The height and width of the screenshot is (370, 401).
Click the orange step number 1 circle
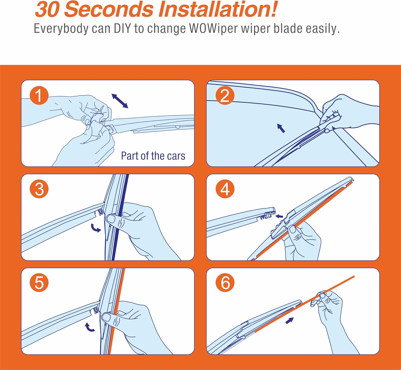(39, 95)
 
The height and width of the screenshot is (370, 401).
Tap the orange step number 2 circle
(225, 95)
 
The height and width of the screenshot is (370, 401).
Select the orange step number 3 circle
(39, 189)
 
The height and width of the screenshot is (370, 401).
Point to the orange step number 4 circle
(225, 189)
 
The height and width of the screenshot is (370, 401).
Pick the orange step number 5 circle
(39, 283)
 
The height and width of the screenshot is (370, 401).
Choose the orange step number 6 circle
(225, 283)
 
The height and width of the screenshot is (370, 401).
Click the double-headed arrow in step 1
(120, 101)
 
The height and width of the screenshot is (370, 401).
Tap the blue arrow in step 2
(281, 128)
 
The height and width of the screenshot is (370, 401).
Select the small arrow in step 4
(279, 216)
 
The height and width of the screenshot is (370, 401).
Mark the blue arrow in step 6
(290, 321)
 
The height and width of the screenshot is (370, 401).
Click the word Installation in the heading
(218, 9)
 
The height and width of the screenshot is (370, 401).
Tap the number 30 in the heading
(47, 10)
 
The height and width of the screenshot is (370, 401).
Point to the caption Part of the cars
(153, 156)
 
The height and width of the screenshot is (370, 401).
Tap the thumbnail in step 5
(106, 317)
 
